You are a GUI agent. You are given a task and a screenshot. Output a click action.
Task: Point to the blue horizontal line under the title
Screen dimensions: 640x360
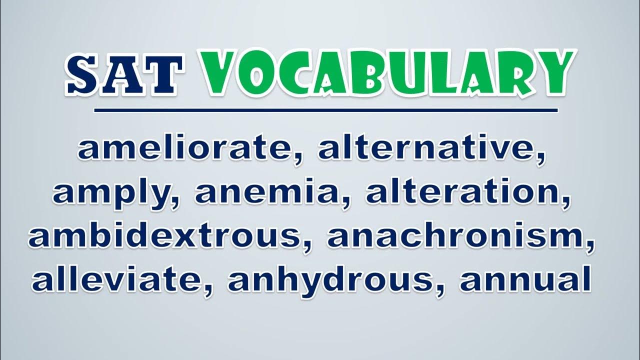(326, 110)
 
